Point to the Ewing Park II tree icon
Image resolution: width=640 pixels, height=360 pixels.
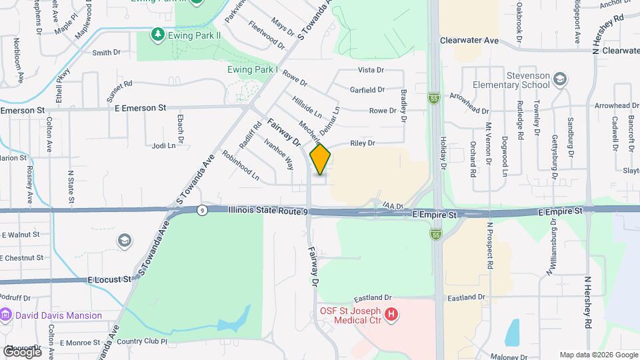(157, 33)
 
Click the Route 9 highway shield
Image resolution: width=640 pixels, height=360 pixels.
(202, 210)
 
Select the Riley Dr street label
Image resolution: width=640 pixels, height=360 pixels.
(363, 143)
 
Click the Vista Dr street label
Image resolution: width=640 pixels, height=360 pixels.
(371, 69)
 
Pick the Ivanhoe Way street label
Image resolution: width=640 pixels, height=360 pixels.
(279, 153)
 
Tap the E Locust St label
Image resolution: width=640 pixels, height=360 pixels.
(109, 280)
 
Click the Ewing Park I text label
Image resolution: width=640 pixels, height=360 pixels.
(252, 69)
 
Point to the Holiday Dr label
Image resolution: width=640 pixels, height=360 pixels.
(443, 150)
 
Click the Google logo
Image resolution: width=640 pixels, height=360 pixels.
(22, 351)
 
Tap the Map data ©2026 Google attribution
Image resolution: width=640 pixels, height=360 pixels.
(598, 355)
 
